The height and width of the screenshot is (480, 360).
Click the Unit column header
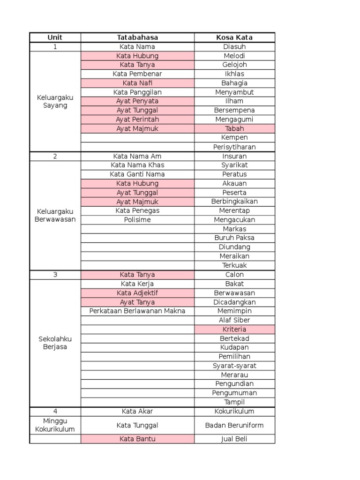point(55,37)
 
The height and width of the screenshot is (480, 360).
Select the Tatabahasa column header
point(137,37)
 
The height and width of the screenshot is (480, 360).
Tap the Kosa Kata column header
point(234,37)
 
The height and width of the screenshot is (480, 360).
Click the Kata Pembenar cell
point(137,74)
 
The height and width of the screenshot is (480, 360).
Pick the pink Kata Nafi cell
point(137,83)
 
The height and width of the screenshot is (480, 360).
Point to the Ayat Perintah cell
point(137,120)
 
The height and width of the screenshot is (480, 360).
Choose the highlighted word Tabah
point(234,128)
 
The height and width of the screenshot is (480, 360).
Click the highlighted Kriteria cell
point(234,330)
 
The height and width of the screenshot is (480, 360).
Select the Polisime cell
point(137,220)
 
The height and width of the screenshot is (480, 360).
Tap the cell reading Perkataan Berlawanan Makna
point(137,311)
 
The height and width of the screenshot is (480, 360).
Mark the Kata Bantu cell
point(137,439)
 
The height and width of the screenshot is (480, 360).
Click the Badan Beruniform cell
point(234,426)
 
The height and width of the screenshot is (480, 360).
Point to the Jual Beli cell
point(234,439)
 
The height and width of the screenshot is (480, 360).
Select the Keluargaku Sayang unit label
point(55,101)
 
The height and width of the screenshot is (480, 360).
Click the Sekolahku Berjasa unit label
point(55,343)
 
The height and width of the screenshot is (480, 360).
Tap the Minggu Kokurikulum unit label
point(55,425)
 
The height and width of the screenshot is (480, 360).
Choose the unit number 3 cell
point(55,275)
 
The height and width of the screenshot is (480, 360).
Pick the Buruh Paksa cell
point(234,238)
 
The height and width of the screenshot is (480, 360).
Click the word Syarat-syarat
point(234,366)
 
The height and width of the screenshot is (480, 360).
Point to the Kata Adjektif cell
point(137,293)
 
